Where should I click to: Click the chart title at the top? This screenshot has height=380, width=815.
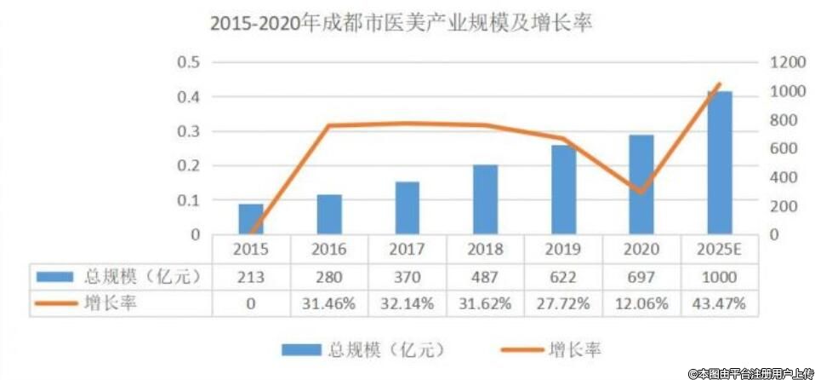tap(401, 23)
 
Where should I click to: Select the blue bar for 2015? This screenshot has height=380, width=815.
tap(250, 219)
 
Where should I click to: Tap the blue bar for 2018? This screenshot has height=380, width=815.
tap(485, 200)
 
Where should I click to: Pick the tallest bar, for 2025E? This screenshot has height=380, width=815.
tap(719, 163)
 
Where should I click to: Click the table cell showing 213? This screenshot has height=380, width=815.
tap(250, 277)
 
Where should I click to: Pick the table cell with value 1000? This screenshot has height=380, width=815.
tap(719, 277)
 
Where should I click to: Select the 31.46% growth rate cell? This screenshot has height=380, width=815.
tap(328, 303)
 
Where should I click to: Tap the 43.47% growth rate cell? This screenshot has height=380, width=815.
tap(719, 303)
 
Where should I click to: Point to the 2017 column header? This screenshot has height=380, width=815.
tap(407, 250)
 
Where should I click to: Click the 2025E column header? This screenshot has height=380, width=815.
tap(719, 250)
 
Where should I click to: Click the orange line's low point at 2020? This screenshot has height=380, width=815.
tap(641, 192)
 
